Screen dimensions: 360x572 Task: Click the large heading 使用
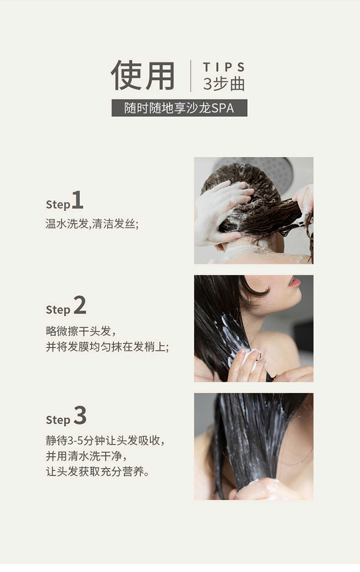point(143,75)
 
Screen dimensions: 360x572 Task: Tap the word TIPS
point(223,67)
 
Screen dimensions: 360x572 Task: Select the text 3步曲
point(223,84)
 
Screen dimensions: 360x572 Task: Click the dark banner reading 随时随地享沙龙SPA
point(179,108)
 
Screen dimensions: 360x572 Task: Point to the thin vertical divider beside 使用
point(190,76)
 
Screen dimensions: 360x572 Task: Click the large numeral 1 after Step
point(77,200)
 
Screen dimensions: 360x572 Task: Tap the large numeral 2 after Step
point(80,305)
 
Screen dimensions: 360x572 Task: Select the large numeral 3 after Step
point(80,416)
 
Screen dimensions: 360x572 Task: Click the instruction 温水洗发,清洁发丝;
point(92,224)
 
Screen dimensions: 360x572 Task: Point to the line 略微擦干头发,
point(80,331)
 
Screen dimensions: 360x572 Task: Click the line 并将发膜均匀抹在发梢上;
point(107,347)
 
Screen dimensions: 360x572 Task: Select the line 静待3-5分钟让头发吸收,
point(105,441)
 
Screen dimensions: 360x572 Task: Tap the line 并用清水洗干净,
point(86,456)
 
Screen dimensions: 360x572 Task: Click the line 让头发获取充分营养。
point(97,472)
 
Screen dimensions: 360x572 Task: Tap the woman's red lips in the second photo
point(294,282)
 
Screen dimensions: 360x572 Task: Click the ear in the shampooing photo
point(219,248)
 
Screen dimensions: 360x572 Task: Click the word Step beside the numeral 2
point(57,310)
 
